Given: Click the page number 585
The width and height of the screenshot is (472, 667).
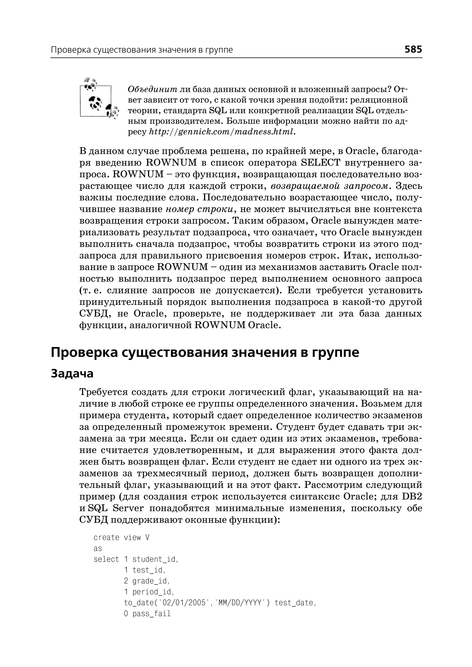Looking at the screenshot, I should (x=413, y=49).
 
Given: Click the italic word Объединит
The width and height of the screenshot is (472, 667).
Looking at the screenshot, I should (x=152, y=89).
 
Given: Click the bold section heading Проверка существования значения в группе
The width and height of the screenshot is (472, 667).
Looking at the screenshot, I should (x=205, y=352).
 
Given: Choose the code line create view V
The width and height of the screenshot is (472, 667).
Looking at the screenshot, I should (x=121, y=537).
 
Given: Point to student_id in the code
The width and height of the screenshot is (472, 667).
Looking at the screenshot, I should (x=154, y=559).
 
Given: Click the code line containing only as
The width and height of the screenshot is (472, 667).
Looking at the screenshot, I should (x=98, y=548).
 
